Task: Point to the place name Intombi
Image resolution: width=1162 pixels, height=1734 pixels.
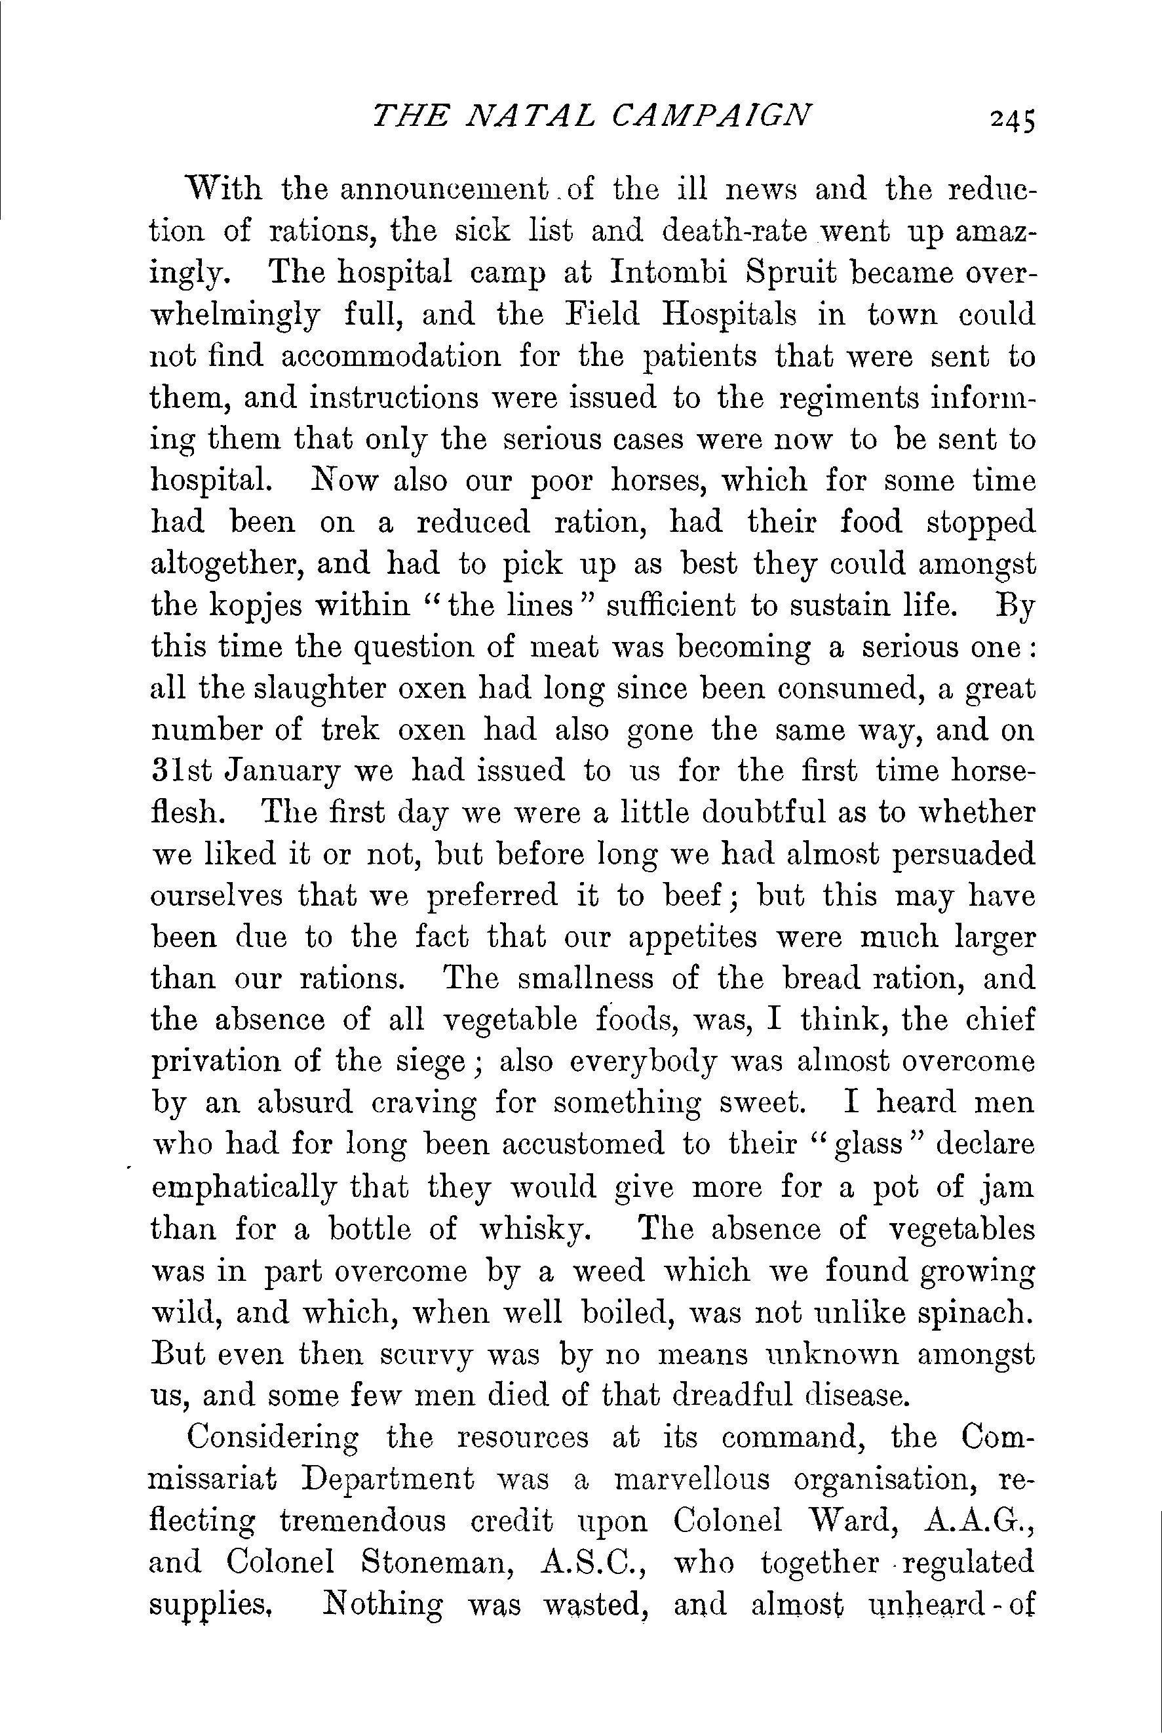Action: point(670,273)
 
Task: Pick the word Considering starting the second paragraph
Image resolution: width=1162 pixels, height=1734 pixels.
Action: point(273,1438)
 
